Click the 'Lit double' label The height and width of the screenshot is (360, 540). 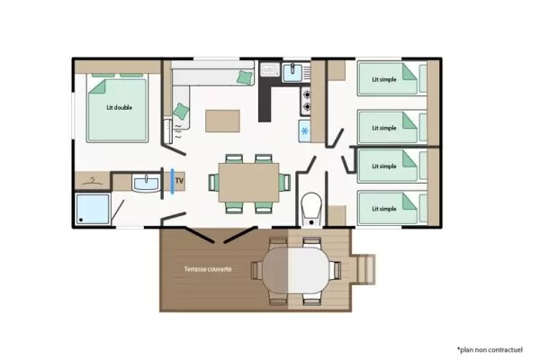pyautogui.click(x=119, y=107)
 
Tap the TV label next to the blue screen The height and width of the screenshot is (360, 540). pyautogui.click(x=179, y=181)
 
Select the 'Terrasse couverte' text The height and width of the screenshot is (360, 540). pyautogui.click(x=208, y=269)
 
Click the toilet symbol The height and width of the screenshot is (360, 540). pyautogui.click(x=311, y=209)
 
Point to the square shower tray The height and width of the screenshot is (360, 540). pyautogui.click(x=93, y=209)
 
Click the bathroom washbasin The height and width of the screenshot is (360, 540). pyautogui.click(x=146, y=183)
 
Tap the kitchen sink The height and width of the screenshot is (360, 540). pyautogui.click(x=292, y=72)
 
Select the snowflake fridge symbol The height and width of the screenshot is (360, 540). pyautogui.click(x=305, y=130)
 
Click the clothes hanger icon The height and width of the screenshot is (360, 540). pyautogui.click(x=93, y=181)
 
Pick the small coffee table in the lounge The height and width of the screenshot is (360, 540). pyautogui.click(x=222, y=121)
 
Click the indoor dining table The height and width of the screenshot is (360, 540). pyautogui.click(x=248, y=182)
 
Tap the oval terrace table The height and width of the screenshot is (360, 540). pyautogui.click(x=296, y=270)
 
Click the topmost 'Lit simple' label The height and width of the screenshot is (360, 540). pyautogui.click(x=384, y=79)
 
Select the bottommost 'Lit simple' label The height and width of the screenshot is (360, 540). pyautogui.click(x=384, y=209)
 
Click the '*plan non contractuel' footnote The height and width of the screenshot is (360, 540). pyautogui.click(x=490, y=350)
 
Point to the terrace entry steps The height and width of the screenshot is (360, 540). pyautogui.click(x=365, y=269)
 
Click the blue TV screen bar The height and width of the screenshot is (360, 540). pyautogui.click(x=172, y=181)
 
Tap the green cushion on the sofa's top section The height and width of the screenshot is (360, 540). pyautogui.click(x=245, y=77)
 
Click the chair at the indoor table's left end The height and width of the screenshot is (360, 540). pyautogui.click(x=213, y=182)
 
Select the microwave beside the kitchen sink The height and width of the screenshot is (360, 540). pyautogui.click(x=270, y=70)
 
